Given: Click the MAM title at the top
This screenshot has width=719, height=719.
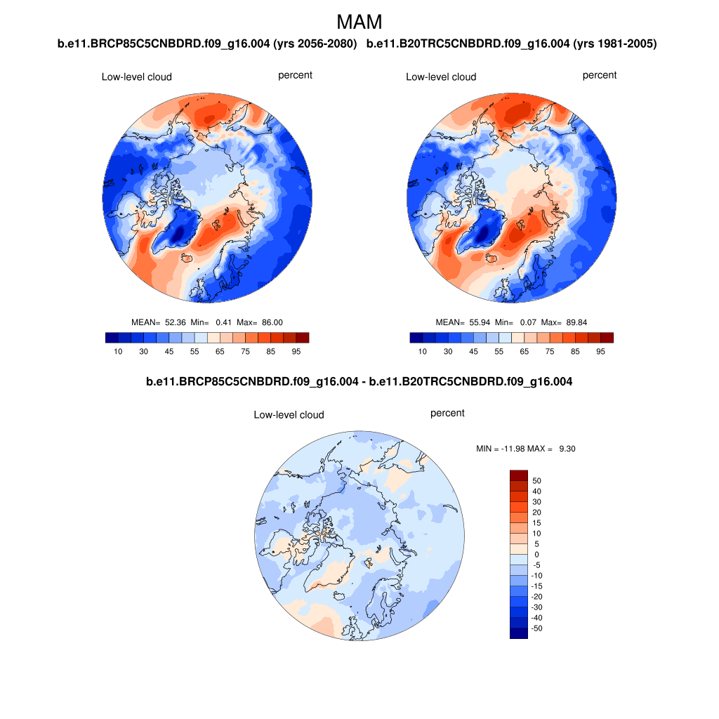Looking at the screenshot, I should [x=359, y=22].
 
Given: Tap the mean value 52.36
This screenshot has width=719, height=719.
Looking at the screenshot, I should [x=175, y=322].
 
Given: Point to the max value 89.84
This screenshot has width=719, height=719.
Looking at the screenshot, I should [x=574, y=322].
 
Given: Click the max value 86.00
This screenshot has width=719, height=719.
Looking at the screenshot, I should [x=270, y=322].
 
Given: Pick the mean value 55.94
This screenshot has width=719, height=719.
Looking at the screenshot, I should [x=479, y=322].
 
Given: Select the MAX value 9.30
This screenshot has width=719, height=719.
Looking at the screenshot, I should [x=567, y=448].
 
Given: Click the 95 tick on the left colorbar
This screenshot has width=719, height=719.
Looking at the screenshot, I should [x=296, y=351].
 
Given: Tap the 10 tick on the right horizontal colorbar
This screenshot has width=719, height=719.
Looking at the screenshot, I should [x=422, y=351].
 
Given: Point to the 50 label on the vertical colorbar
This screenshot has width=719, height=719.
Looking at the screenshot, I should [x=537, y=481].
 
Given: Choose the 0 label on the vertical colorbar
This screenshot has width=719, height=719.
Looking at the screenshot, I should [x=537, y=555].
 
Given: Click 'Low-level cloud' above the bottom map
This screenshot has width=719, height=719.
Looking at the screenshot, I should [x=289, y=415].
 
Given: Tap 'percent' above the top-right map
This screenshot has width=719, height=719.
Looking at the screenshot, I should [x=600, y=75].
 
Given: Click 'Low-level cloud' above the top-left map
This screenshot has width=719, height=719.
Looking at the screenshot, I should [x=136, y=77].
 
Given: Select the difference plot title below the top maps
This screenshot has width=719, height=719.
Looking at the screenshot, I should [x=359, y=382].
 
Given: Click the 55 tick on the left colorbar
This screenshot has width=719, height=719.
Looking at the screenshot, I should [x=194, y=351].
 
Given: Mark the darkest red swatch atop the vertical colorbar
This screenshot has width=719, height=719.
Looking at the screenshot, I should [x=518, y=475].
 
